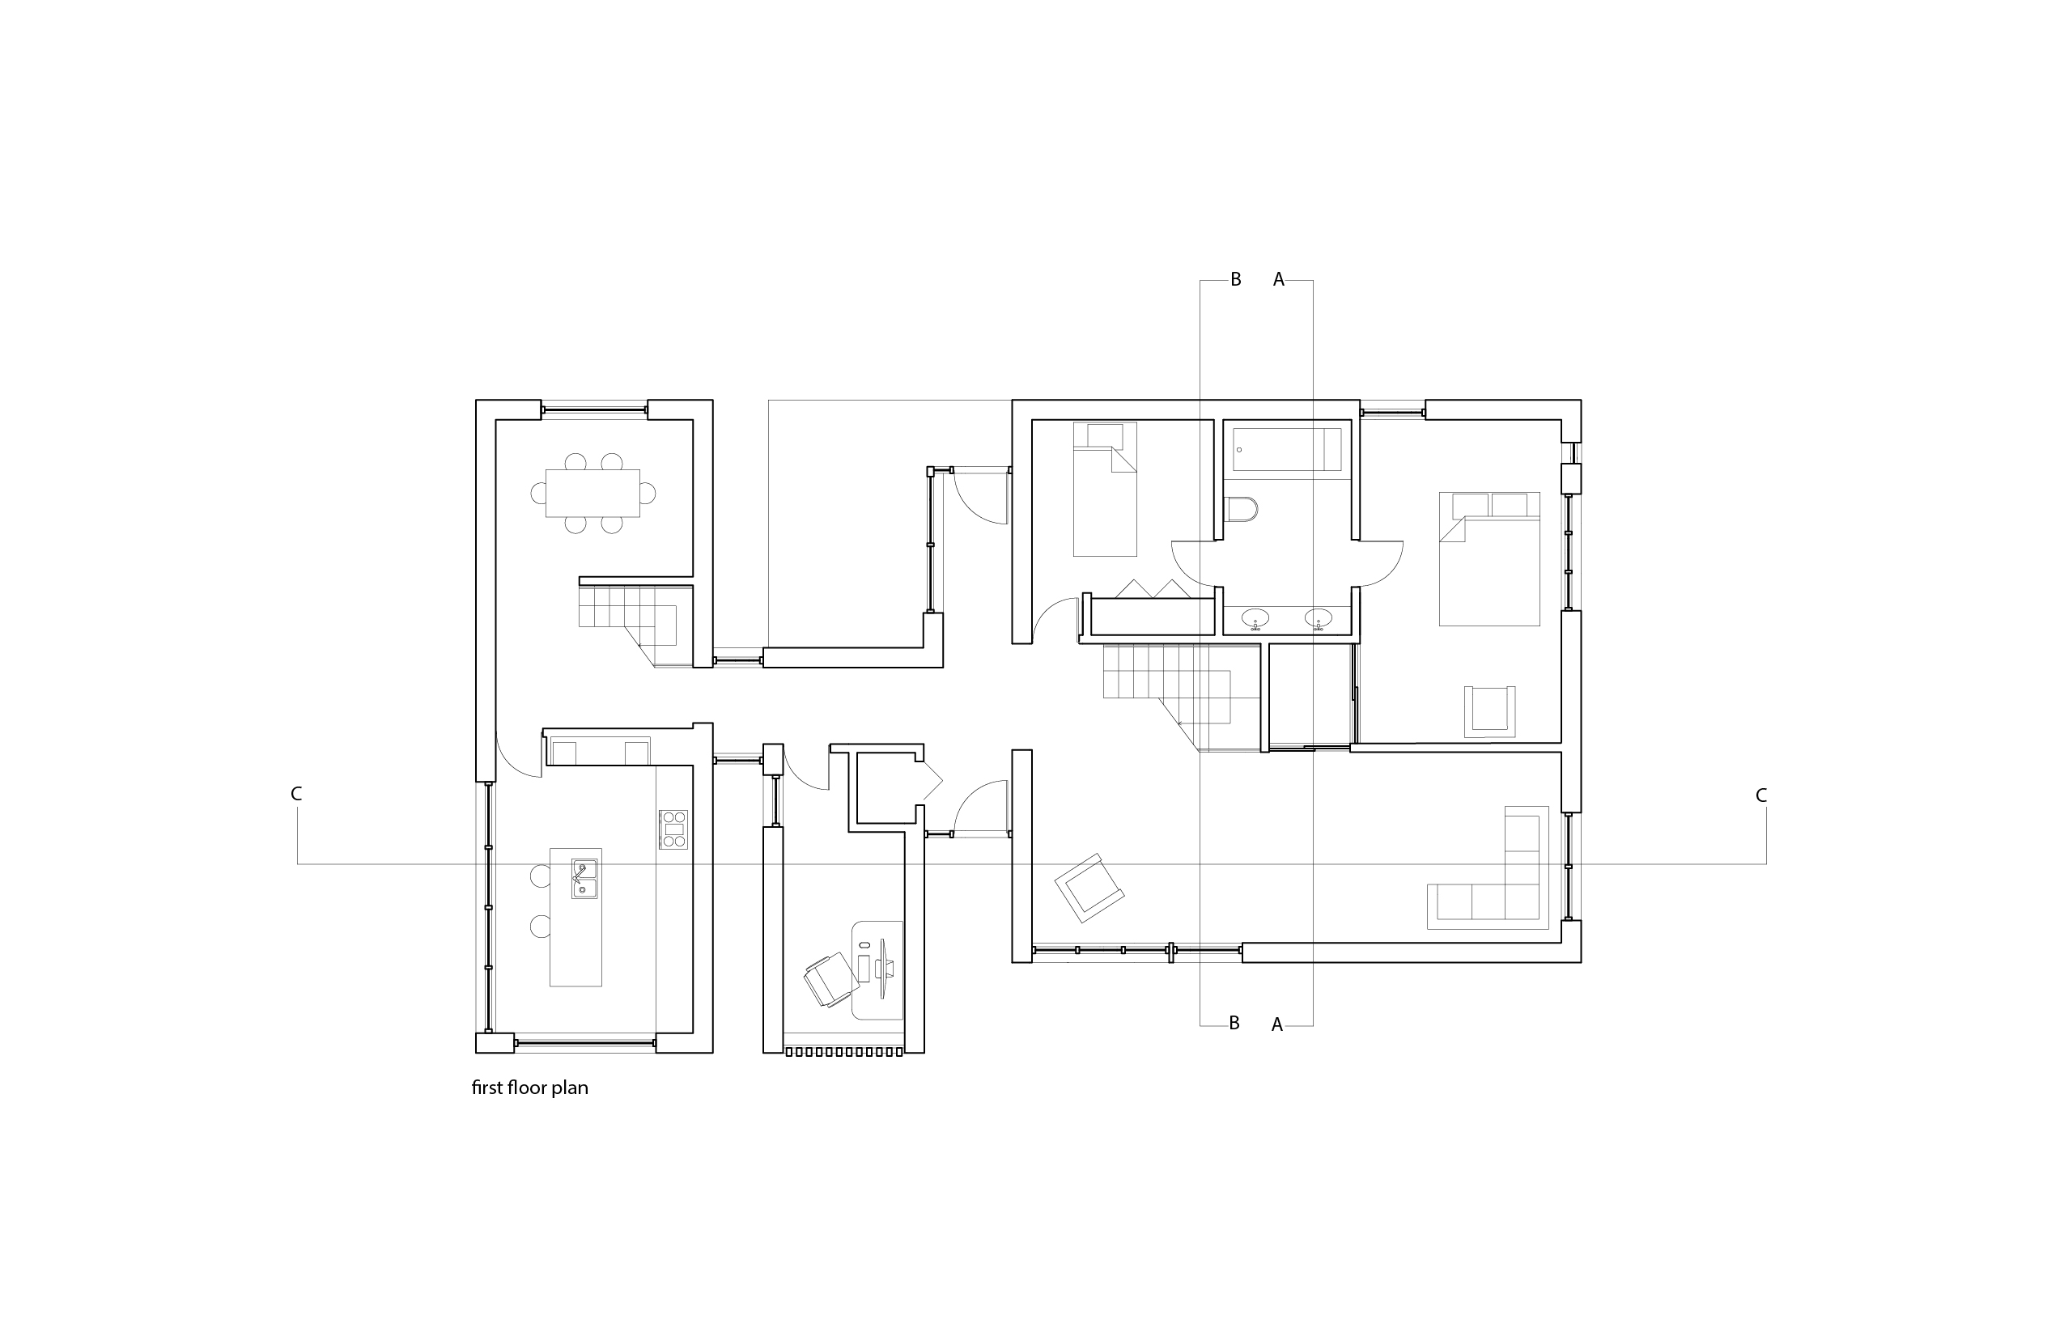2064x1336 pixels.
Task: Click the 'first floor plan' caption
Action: tap(529, 1088)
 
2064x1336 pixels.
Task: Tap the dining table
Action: tap(592, 493)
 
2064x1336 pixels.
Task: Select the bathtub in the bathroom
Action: tap(1286, 449)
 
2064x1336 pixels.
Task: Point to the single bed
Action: tap(1104, 489)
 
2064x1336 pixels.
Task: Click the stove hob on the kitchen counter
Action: tap(673, 829)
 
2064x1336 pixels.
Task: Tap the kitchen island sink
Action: tap(584, 878)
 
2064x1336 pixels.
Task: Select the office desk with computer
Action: tap(877, 969)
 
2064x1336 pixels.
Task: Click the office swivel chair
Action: tap(829, 978)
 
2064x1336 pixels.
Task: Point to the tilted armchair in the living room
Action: tap(1089, 887)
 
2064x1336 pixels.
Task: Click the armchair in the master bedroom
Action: tap(1490, 711)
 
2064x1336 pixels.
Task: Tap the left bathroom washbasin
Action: tap(1255, 618)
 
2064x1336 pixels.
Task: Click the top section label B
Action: tap(1236, 280)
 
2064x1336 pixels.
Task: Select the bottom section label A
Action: tap(1276, 1024)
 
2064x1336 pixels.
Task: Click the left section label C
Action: tap(296, 794)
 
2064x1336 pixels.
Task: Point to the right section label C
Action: tap(1760, 795)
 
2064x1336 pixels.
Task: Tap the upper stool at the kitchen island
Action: tap(541, 876)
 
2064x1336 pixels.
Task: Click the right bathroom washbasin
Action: tap(1319, 618)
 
